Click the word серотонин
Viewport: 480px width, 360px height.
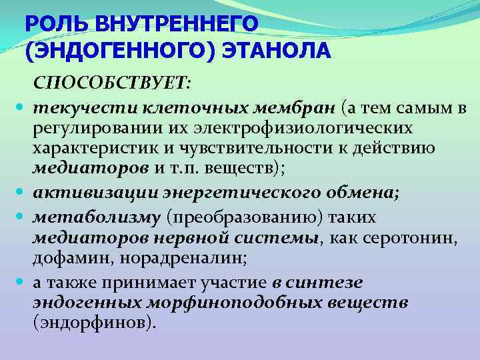pyautogui.click(x=413, y=237)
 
